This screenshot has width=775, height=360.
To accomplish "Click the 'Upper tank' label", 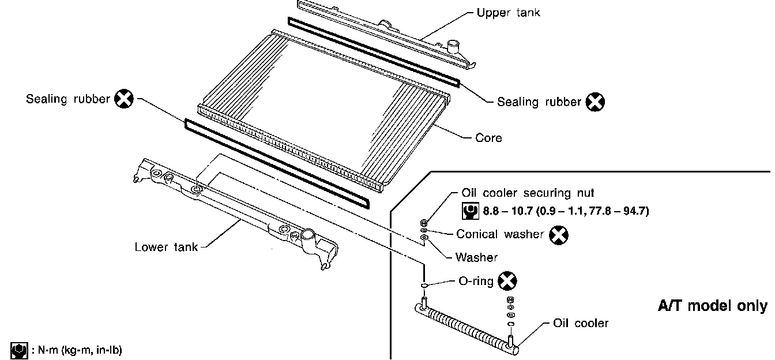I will point(508,12).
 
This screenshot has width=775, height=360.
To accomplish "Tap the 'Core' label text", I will point(488,138).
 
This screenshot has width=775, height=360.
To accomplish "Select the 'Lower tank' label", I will point(166,247).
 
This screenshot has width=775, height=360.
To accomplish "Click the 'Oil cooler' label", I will point(580,323).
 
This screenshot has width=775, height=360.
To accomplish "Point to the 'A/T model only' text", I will point(713,306).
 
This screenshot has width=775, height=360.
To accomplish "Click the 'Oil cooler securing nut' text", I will point(528,193).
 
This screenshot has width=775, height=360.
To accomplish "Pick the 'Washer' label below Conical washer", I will point(476,257).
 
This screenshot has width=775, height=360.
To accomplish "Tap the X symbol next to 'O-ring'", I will point(507,281).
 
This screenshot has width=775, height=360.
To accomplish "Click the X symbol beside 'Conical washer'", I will point(558,234).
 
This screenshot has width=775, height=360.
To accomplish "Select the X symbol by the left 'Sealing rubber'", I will point(124,99).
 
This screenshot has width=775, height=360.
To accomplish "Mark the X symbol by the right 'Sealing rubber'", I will point(595,102).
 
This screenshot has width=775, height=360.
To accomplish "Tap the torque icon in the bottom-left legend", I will point(19,350).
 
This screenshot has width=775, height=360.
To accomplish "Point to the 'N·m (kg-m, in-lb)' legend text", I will point(76,350).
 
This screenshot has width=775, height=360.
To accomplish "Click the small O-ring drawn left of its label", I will point(424,284).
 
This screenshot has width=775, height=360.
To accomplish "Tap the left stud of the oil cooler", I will point(424,302).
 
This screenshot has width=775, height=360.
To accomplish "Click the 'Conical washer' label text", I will point(500,234).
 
